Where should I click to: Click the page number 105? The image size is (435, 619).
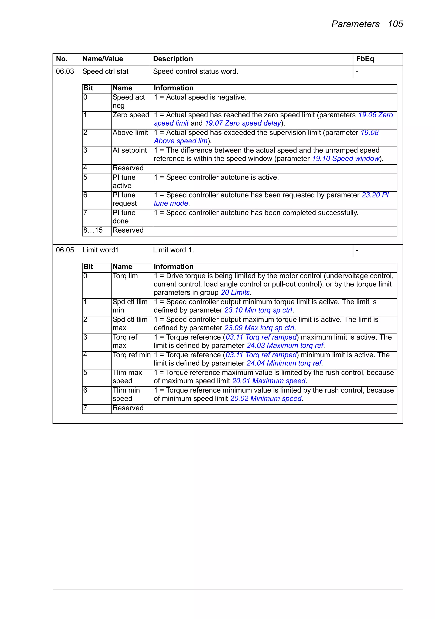coord(395,24)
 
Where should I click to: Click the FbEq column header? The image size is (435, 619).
coord(365,59)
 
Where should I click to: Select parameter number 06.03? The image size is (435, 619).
coord(65,71)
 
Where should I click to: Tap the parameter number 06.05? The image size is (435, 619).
coord(65,250)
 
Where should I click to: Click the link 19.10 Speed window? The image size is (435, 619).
coord(346,159)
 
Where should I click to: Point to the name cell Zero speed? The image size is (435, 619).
coord(131,115)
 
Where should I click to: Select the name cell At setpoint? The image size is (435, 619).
coord(130,150)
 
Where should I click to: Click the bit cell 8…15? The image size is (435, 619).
coord(93,230)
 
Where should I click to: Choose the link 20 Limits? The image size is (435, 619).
coord(235,293)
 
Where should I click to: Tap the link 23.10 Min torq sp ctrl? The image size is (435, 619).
coord(258,310)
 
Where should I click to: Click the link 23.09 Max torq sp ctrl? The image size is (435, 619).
coord(259,328)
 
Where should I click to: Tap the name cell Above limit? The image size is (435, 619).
coord(130,133)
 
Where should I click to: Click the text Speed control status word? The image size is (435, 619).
coord(196,71)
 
